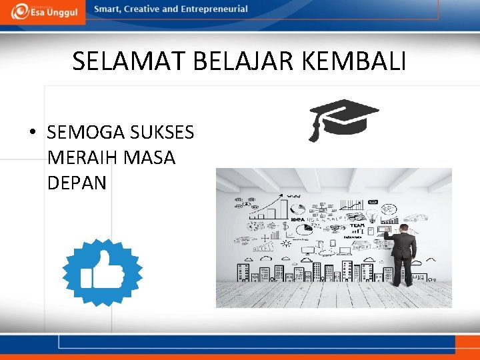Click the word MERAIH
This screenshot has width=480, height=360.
81,158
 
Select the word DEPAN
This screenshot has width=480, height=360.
77,183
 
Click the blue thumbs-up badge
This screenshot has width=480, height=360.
102,272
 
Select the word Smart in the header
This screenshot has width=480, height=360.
107,9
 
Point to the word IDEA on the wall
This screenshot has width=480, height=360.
297,219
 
